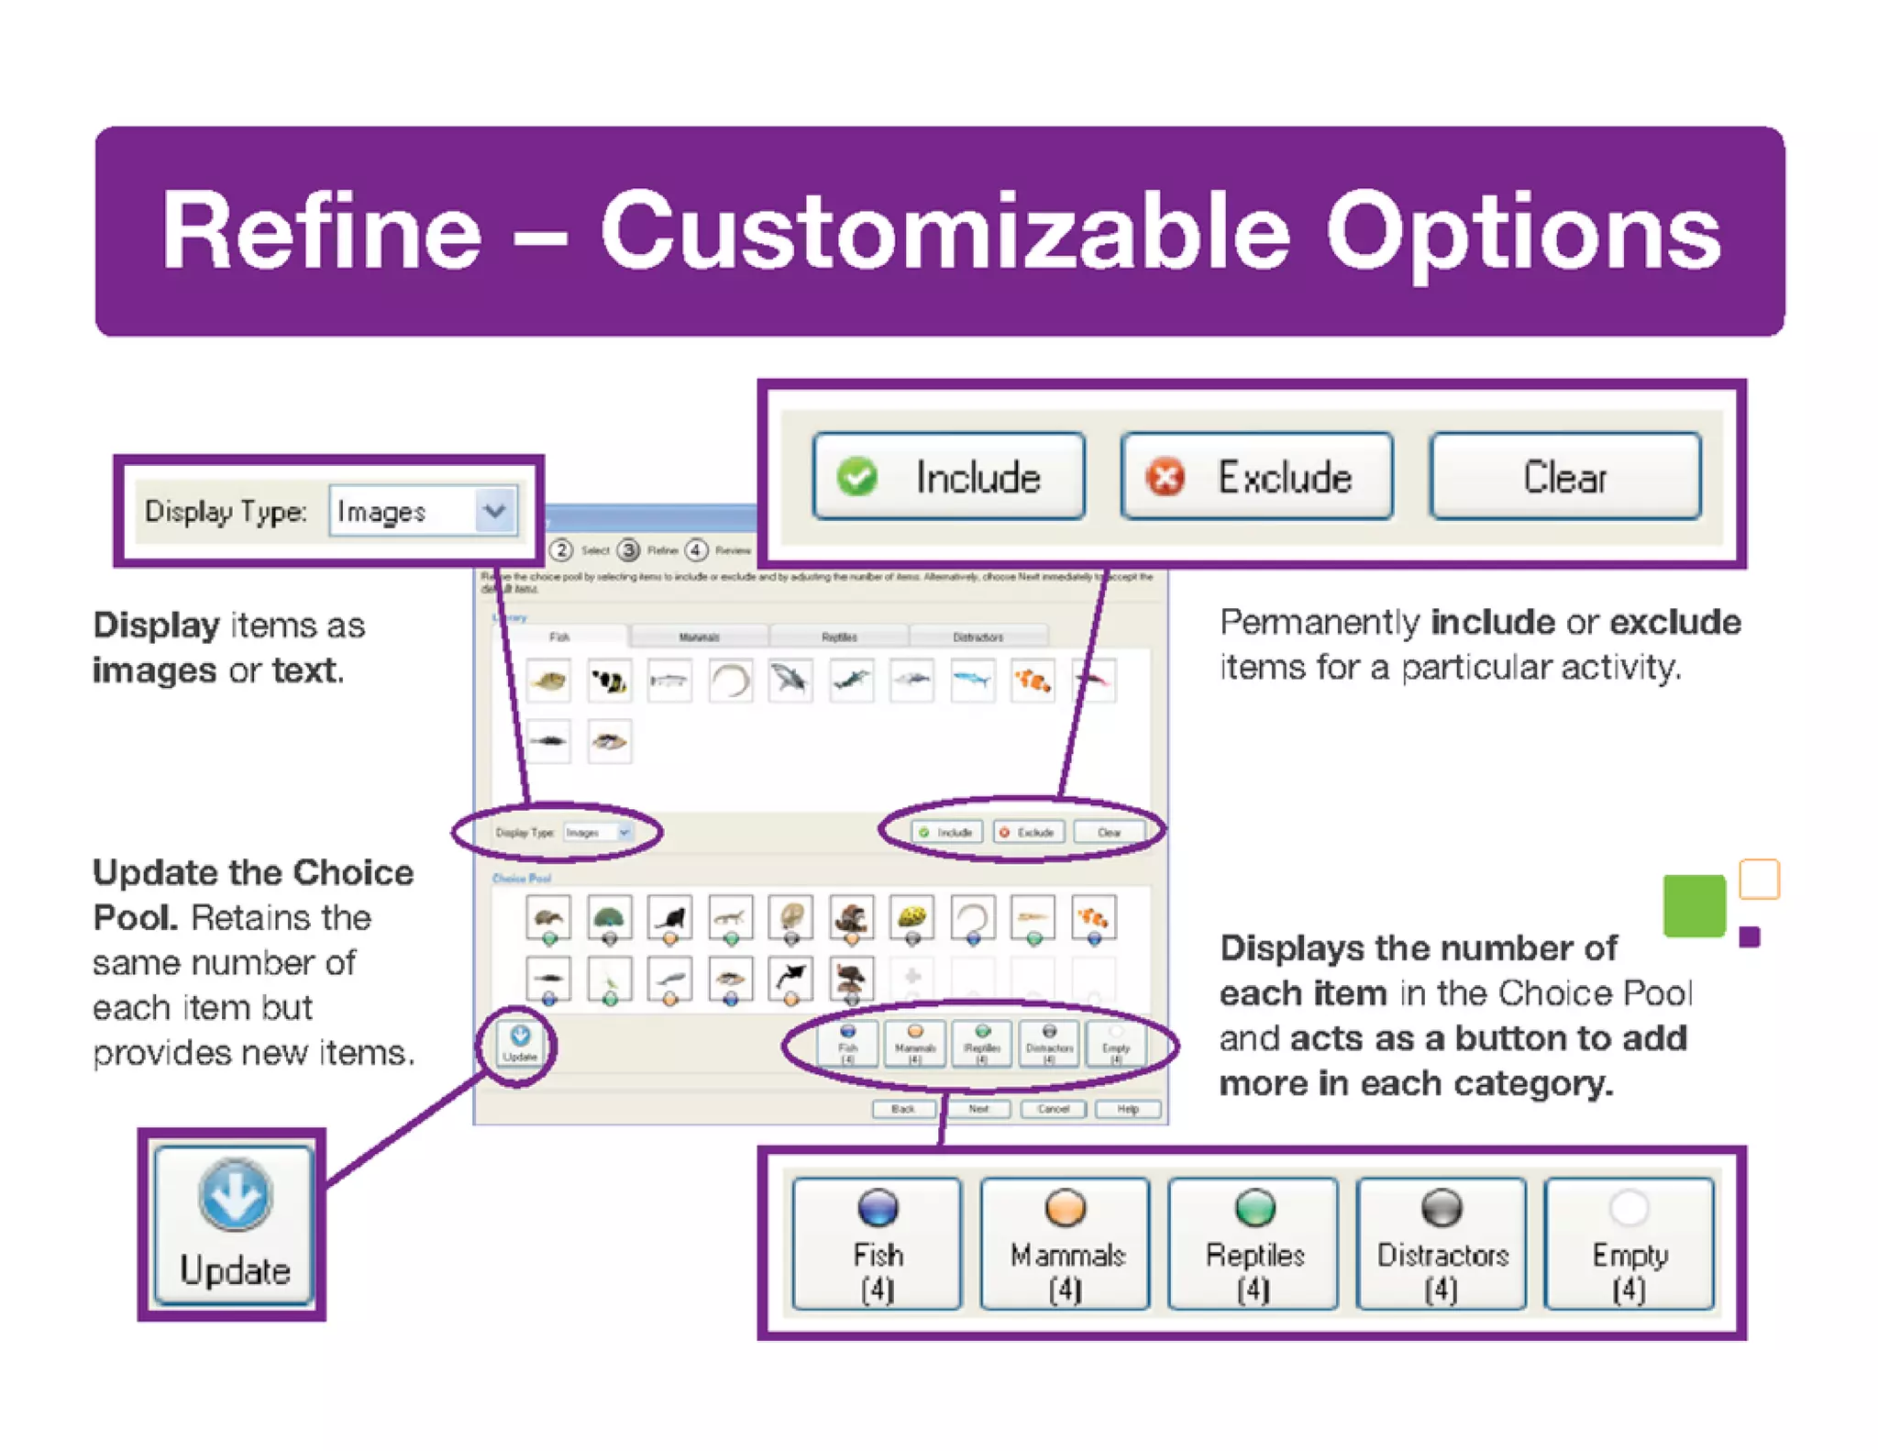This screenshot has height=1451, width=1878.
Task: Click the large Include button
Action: [x=949, y=477]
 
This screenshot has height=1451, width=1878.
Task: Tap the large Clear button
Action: [x=1564, y=477]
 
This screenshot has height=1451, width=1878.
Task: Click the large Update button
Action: [x=234, y=1224]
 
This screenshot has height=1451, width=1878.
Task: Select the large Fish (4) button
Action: [x=878, y=1243]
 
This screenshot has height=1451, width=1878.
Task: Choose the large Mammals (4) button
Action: [x=1066, y=1243]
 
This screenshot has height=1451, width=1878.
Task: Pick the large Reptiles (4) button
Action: [x=1254, y=1243]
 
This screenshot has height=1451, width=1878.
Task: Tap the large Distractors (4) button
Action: [x=1442, y=1243]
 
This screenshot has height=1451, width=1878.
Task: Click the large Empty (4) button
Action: [x=1629, y=1243]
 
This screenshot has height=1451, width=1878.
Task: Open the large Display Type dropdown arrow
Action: [x=495, y=510]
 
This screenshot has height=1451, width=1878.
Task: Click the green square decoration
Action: [x=1694, y=905]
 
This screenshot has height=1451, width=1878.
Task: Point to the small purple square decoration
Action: [x=1750, y=936]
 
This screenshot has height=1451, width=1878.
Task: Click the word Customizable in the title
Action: [x=945, y=231]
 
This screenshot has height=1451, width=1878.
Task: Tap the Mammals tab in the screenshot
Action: [x=699, y=637]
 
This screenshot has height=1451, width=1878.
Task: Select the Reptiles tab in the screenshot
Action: [x=839, y=637]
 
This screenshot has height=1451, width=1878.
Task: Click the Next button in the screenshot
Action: [x=978, y=1109]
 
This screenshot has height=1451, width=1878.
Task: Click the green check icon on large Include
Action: [x=857, y=477]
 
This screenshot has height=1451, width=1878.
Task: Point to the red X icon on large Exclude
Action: [x=1165, y=477]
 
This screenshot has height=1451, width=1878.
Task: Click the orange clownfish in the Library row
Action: [x=1033, y=681]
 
